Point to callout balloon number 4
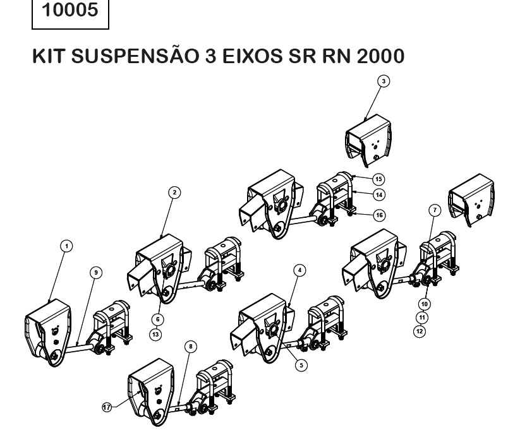pos(300,269)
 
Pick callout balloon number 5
pos(301,364)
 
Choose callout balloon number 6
pos(156,319)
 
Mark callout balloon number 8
pos(190,346)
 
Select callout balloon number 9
pos(95,272)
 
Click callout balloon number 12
pos(420,330)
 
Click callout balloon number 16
pos(379,215)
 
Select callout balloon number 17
pos(107,408)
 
